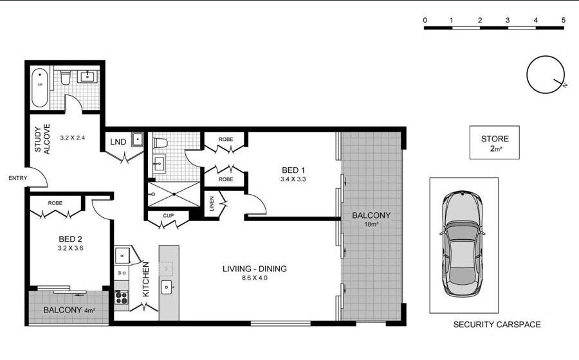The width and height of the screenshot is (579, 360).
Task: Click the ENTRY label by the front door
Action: pyautogui.click(x=18, y=178)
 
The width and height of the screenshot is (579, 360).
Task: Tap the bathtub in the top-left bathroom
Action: pyautogui.click(x=39, y=88)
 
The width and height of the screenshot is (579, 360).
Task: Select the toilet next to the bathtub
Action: pyautogui.click(x=66, y=77)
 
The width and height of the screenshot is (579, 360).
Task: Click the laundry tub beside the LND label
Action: pyautogui.click(x=138, y=139)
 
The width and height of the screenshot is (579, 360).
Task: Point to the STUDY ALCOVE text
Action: pyautogui.click(x=42, y=139)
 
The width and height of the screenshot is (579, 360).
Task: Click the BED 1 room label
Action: pyautogui.click(x=293, y=170)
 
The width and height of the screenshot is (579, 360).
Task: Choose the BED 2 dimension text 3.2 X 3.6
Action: pyautogui.click(x=71, y=248)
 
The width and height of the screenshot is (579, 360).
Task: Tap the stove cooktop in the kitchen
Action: pyautogui.click(x=121, y=297)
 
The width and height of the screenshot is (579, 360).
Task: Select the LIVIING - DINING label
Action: pyautogui.click(x=254, y=269)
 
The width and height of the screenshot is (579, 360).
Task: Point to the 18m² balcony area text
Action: pyautogui.click(x=371, y=224)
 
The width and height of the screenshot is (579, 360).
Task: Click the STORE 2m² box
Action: pyautogui.click(x=495, y=142)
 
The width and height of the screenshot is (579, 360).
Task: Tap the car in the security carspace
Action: pyautogui.click(x=463, y=244)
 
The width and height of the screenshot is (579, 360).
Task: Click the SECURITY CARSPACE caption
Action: pyautogui.click(x=497, y=325)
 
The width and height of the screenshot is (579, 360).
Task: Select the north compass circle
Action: pyautogui.click(x=545, y=75)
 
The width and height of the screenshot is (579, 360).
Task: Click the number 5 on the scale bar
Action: pyautogui.click(x=563, y=21)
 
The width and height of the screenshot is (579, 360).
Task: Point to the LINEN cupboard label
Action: pyautogui.click(x=212, y=204)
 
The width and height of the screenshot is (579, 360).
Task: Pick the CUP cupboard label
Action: pyautogui.click(x=168, y=216)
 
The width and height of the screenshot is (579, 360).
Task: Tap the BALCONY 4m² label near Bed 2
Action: pyautogui.click(x=69, y=310)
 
